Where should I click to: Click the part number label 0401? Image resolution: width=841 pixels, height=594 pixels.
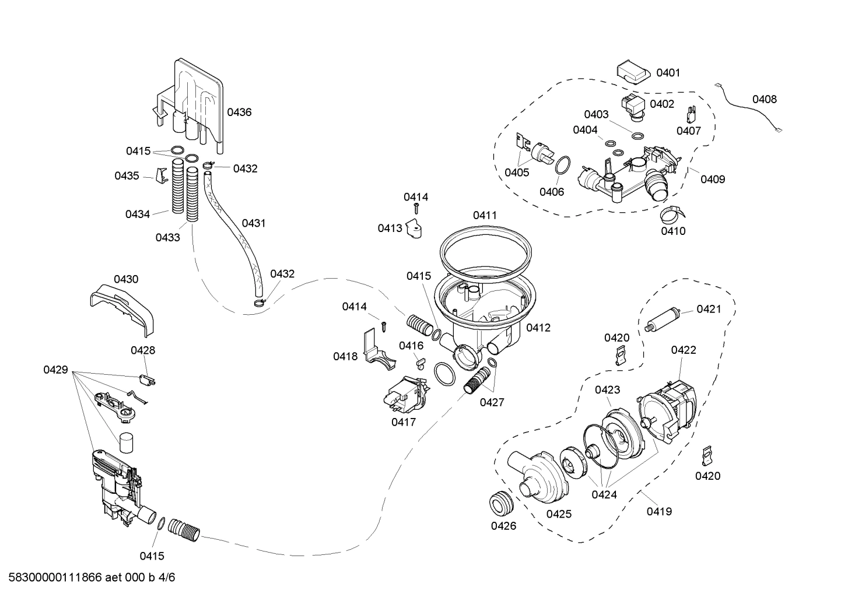click(668, 73)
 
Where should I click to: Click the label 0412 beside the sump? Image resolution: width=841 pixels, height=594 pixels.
click(538, 328)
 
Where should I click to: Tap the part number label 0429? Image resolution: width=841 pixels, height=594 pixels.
click(55, 370)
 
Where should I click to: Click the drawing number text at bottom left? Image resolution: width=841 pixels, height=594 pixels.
click(88, 578)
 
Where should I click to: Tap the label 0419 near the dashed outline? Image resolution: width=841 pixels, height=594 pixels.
click(659, 511)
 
